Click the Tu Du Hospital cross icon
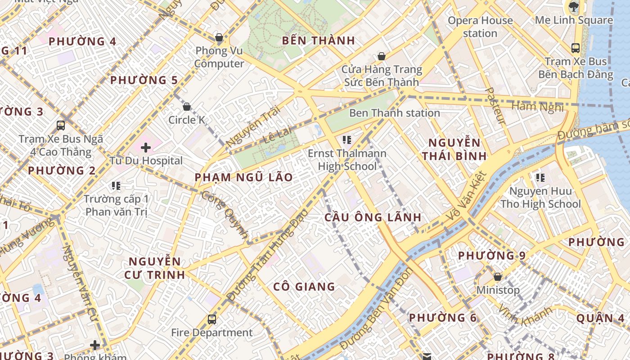(145, 147)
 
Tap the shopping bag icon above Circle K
(187, 107)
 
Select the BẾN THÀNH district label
(319, 40)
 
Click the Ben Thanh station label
(394, 113)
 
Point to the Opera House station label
(480, 27)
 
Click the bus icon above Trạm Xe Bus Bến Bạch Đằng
(575, 48)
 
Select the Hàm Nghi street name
(537, 107)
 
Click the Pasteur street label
(495, 106)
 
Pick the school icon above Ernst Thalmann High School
(346, 140)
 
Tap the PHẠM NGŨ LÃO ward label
(243, 177)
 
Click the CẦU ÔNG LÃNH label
(373, 217)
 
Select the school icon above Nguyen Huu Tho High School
(540, 178)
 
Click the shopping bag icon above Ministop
(498, 277)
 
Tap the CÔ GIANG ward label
(304, 287)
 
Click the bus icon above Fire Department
(212, 319)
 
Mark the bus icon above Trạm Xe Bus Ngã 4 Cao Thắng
(61, 126)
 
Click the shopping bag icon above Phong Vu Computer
(219, 37)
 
